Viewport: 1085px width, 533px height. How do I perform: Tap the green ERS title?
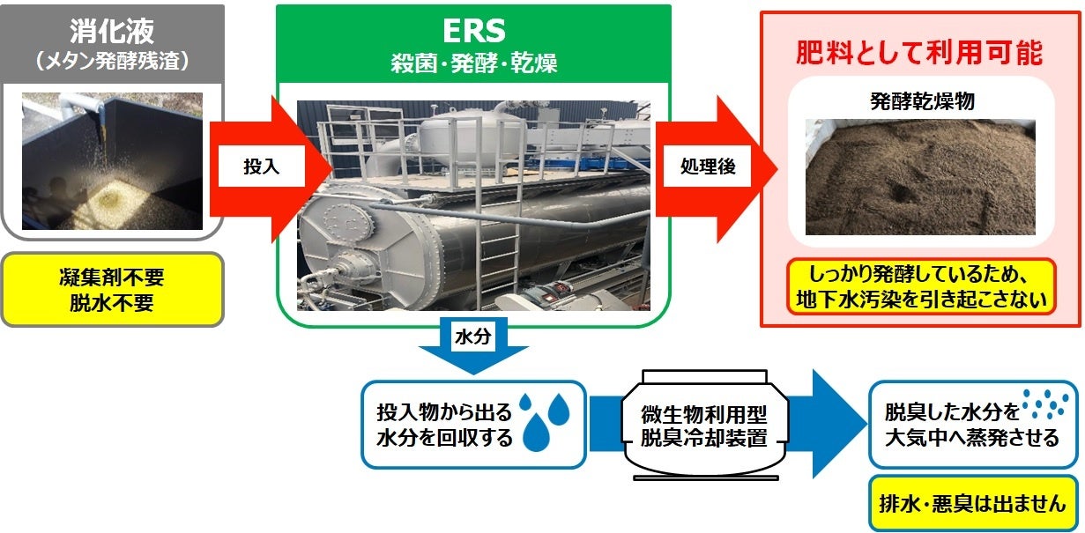pyautogui.click(x=473, y=31)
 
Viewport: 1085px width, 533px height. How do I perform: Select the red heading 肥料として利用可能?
pyautogui.click(x=919, y=54)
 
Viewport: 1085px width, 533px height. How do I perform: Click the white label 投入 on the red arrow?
pyautogui.click(x=261, y=167)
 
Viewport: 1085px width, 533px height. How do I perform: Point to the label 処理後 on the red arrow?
pyautogui.click(x=707, y=167)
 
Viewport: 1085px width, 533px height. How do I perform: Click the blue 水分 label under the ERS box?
pyautogui.click(x=472, y=337)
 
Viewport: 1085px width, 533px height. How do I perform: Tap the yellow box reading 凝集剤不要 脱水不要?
pyautogui.click(x=111, y=290)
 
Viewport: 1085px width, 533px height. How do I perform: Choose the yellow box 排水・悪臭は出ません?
pyautogui.click(x=973, y=505)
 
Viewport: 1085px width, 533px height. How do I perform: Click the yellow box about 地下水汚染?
pyautogui.click(x=921, y=285)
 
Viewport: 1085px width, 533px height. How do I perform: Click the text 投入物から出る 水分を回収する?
pyautogui.click(x=443, y=425)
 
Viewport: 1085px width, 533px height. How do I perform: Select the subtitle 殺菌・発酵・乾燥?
pyautogui.click(x=473, y=63)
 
